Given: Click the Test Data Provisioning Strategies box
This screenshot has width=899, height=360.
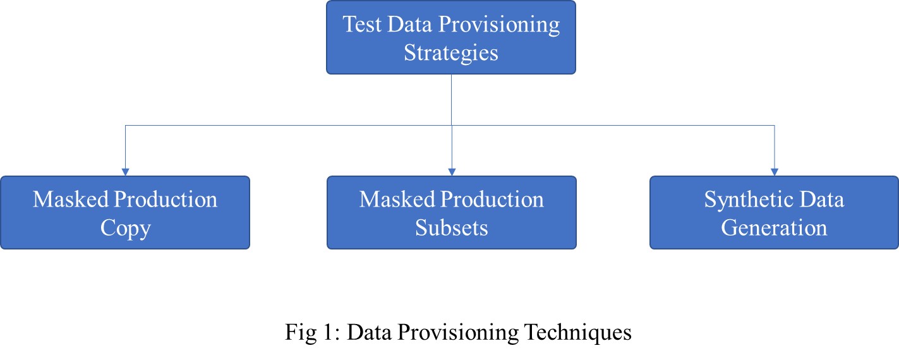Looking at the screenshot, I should pos(450,37).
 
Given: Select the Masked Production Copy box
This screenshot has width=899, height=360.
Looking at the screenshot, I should pos(124,212).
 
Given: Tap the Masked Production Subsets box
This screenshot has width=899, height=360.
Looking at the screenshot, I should pos(451,212).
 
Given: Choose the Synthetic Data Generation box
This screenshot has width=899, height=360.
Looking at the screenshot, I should pos(774,212).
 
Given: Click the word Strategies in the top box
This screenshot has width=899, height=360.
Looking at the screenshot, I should pos(451,52).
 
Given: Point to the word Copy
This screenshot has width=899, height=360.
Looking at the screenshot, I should pos(125,227).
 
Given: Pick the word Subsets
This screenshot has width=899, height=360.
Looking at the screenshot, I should pos(451,227).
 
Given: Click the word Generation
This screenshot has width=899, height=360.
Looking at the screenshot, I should pos(774,227).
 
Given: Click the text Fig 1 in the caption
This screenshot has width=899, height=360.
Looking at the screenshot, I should pos(306,332).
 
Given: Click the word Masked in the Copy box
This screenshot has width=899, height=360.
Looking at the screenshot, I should pos(70,200).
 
